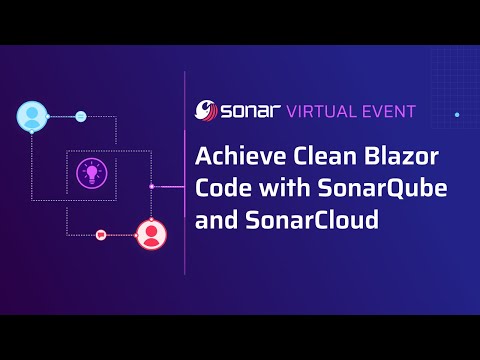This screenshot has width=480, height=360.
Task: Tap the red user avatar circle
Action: [x=151, y=234]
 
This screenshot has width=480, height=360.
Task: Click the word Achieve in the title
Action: [x=232, y=157]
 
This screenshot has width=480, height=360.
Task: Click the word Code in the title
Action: [x=219, y=189]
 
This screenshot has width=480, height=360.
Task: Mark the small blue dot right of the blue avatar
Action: [x=81, y=116]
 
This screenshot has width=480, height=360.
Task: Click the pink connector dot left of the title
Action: [x=151, y=186]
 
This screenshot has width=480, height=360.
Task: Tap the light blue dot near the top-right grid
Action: [x=457, y=115]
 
